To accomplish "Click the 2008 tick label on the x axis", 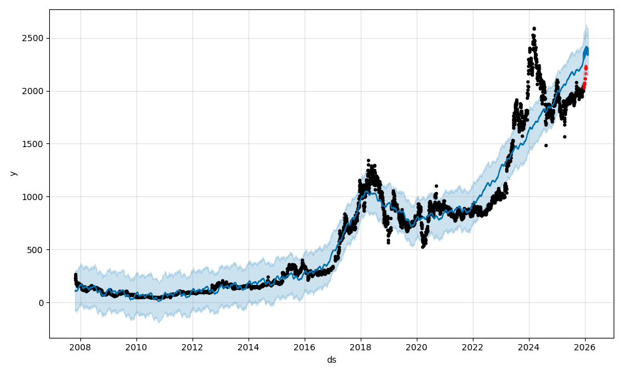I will tap(80, 347).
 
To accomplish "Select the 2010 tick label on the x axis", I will tap(136, 347).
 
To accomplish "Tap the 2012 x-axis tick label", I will tap(193, 347).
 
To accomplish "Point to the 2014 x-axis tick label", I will tap(249, 347).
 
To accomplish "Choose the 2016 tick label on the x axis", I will tap(305, 347).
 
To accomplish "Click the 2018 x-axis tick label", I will tap(361, 347).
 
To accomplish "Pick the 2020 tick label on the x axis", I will tap(417, 347).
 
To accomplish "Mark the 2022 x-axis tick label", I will tap(473, 347).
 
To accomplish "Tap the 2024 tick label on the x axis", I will tap(529, 347).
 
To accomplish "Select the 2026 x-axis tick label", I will tap(585, 347).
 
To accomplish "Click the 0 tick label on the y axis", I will tap(41, 303).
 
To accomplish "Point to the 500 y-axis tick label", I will tap(37, 250).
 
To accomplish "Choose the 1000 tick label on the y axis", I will tap(34, 197).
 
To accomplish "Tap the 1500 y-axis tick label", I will tap(34, 144).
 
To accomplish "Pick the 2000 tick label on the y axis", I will tap(34, 91).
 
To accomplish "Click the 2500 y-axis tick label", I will tap(34, 38).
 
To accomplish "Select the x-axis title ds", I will tap(331, 360).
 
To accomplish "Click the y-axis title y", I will tap(12, 173).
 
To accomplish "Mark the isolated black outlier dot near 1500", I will tap(546, 145).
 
